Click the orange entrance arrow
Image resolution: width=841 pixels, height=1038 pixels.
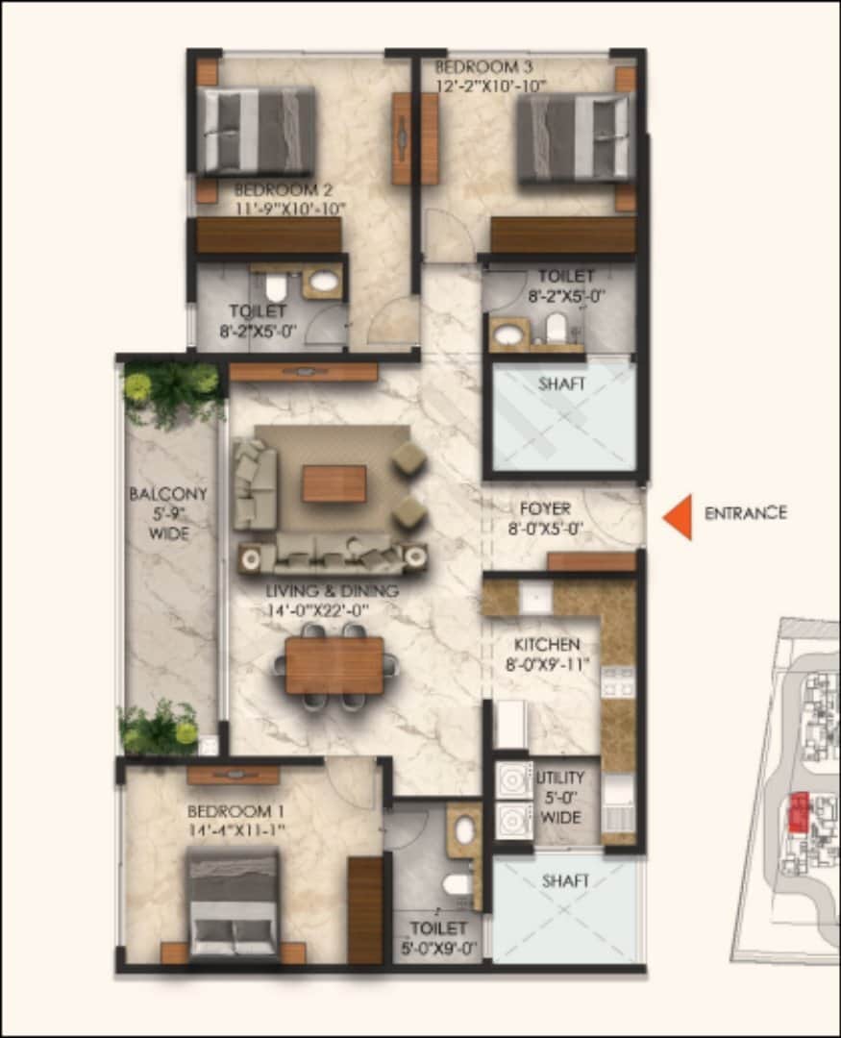click(679, 516)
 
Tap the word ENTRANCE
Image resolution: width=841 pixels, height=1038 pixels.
click(745, 513)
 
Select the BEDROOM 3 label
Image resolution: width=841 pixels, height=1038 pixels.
click(490, 76)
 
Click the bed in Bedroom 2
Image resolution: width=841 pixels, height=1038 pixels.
click(257, 131)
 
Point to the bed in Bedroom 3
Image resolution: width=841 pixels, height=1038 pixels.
click(573, 136)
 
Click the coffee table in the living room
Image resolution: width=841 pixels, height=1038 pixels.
click(334, 483)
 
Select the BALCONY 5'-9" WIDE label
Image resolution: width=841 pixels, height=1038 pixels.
click(168, 513)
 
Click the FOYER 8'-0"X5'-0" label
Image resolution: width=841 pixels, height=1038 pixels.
click(545, 517)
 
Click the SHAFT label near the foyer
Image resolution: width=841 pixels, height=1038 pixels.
click(561, 383)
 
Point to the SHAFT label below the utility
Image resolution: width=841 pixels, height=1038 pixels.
click(565, 880)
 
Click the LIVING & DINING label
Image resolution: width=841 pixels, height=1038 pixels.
click(333, 599)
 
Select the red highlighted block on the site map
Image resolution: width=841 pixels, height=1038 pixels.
click(797, 813)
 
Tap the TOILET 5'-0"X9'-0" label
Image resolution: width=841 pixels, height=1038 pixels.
click(438, 937)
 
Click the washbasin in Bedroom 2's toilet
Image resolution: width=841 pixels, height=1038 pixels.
click(324, 282)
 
